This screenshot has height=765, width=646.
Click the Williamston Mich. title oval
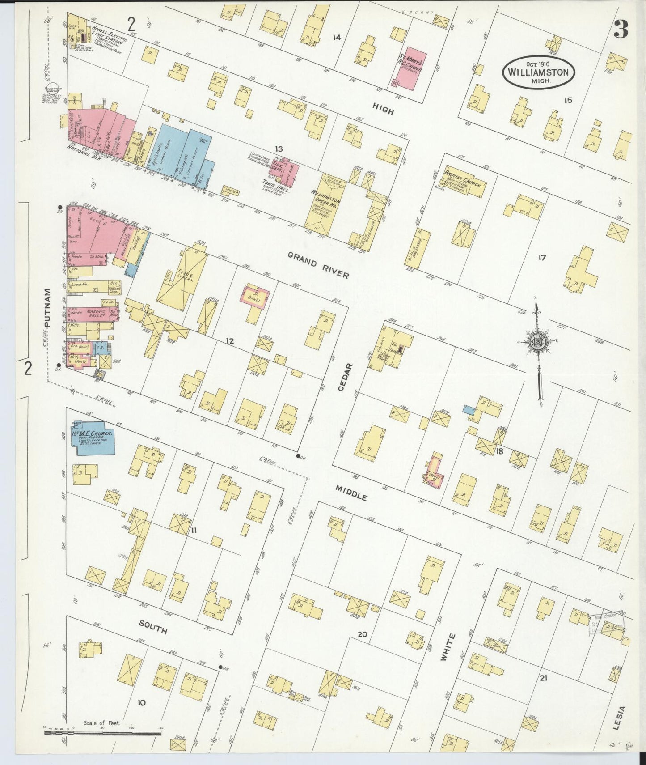click(538, 72)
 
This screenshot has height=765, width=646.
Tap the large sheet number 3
click(621, 30)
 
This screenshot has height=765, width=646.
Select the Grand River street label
click(318, 264)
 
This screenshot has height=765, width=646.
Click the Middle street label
click(352, 493)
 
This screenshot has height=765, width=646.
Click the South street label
click(153, 627)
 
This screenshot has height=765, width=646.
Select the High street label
click(383, 108)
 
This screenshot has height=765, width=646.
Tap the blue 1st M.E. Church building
click(93, 438)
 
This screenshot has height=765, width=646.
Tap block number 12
click(230, 341)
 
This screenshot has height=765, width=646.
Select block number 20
click(362, 634)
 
